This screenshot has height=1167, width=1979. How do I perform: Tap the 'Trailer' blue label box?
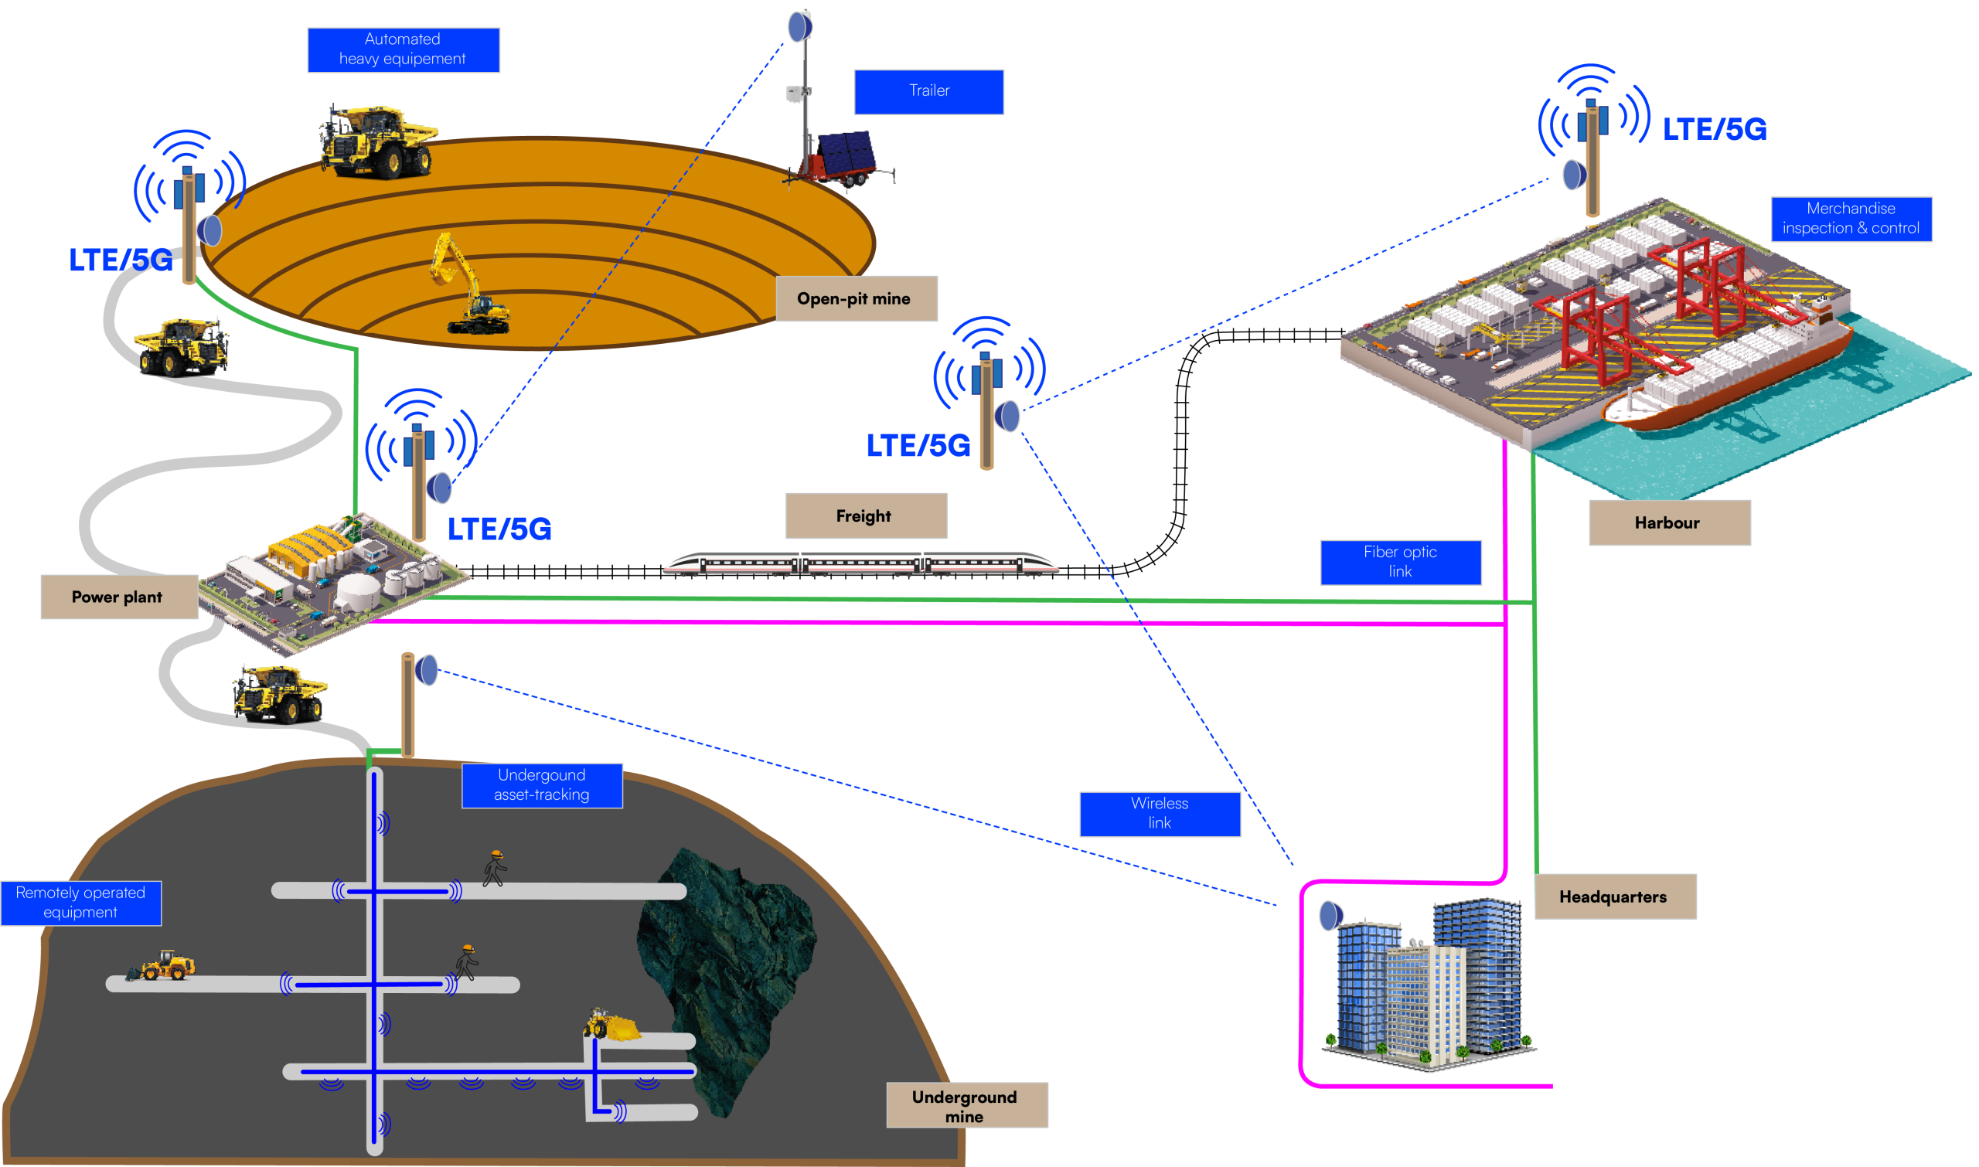pos(928,91)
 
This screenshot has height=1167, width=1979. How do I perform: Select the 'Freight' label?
pos(865,515)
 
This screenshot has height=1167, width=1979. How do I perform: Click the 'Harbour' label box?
pos(1669,523)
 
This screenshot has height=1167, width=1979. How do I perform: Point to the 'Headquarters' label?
pos(1615,897)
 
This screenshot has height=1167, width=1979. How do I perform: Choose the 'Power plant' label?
pos(118,597)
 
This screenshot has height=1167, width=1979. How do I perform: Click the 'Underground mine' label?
pos(966,1106)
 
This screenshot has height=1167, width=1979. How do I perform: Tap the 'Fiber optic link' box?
pos(1400,563)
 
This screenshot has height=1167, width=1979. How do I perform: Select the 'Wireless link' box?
pos(1160,814)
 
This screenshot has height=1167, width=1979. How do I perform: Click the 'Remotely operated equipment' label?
pos(81,903)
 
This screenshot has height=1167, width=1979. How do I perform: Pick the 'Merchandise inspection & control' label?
pos(1851,219)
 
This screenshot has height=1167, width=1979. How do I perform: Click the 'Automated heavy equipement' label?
pos(403,49)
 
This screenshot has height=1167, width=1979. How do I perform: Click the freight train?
pos(860,564)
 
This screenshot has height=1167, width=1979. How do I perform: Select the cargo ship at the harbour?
pos(1730,377)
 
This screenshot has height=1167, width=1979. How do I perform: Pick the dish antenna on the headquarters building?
pos(1331,915)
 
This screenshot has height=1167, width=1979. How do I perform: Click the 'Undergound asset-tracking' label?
pos(542,784)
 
